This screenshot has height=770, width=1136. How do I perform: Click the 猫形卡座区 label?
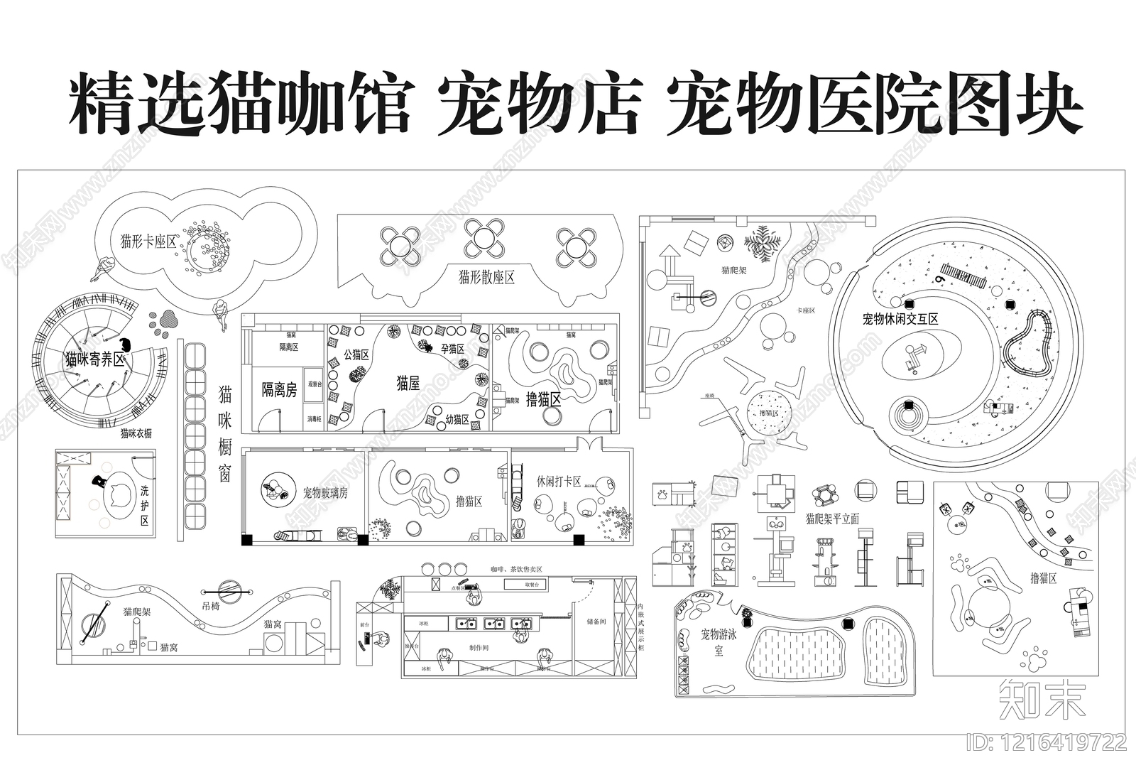coord(148,242)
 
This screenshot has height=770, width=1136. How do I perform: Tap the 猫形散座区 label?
coord(486,277)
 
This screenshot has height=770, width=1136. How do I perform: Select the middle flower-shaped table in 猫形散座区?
coord(484,239)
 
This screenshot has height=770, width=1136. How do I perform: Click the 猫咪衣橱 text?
coord(136,433)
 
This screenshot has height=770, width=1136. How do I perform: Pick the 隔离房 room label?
coord(279,389)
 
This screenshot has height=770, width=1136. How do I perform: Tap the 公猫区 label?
coord(356,354)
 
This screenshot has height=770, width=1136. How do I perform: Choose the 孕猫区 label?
coord(452,349)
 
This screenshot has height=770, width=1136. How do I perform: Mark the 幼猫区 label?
coord(457,420)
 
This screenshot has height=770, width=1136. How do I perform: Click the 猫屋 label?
coord(408,384)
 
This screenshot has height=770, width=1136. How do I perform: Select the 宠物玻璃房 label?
coord(325,492)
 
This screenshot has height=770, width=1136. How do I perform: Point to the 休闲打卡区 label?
coord(559,482)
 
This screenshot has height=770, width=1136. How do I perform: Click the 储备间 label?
coord(596,620)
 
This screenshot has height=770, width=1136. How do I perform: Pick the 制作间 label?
coord(479,647)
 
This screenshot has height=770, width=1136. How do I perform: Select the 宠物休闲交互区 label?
coord(900,319)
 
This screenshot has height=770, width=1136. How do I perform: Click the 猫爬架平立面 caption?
coord(832,519)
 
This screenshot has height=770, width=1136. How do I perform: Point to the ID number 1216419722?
coord(1047,743)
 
